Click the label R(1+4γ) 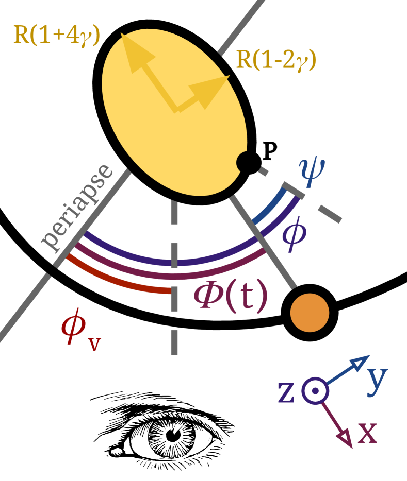tap(57, 35)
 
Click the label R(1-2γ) tap(276, 60)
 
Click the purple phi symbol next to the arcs tap(294, 236)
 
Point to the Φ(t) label tap(231, 296)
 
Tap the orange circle tap(310, 313)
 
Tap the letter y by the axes tap(377, 380)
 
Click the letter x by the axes tap(367, 433)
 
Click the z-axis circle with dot tap(315, 391)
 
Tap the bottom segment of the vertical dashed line tap(174, 342)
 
